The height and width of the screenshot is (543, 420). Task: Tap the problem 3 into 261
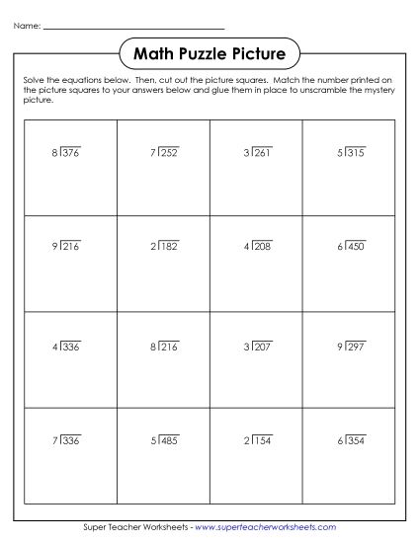tap(257, 152)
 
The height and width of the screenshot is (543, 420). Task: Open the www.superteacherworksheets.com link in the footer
tap(266, 528)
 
